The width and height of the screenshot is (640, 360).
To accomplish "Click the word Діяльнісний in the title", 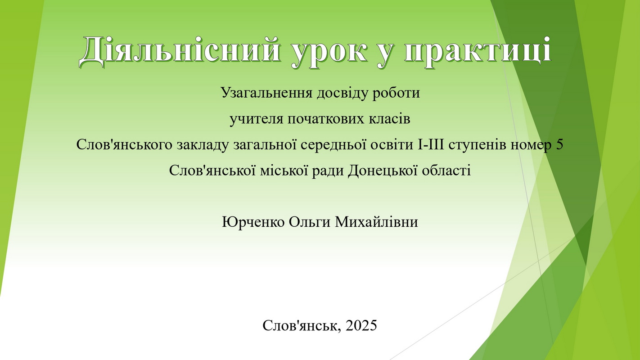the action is click(x=180, y=51).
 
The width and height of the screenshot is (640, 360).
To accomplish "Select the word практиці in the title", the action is click(x=478, y=51).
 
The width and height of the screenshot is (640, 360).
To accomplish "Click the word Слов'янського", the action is click(x=124, y=145).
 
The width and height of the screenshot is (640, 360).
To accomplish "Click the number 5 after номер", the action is click(x=560, y=145).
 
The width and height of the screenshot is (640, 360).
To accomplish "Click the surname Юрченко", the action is click(x=253, y=222).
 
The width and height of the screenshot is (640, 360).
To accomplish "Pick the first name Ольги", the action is click(x=310, y=222).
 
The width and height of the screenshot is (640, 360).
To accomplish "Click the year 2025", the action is click(x=361, y=325).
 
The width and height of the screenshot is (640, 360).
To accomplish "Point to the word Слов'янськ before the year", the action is click(x=302, y=326).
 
